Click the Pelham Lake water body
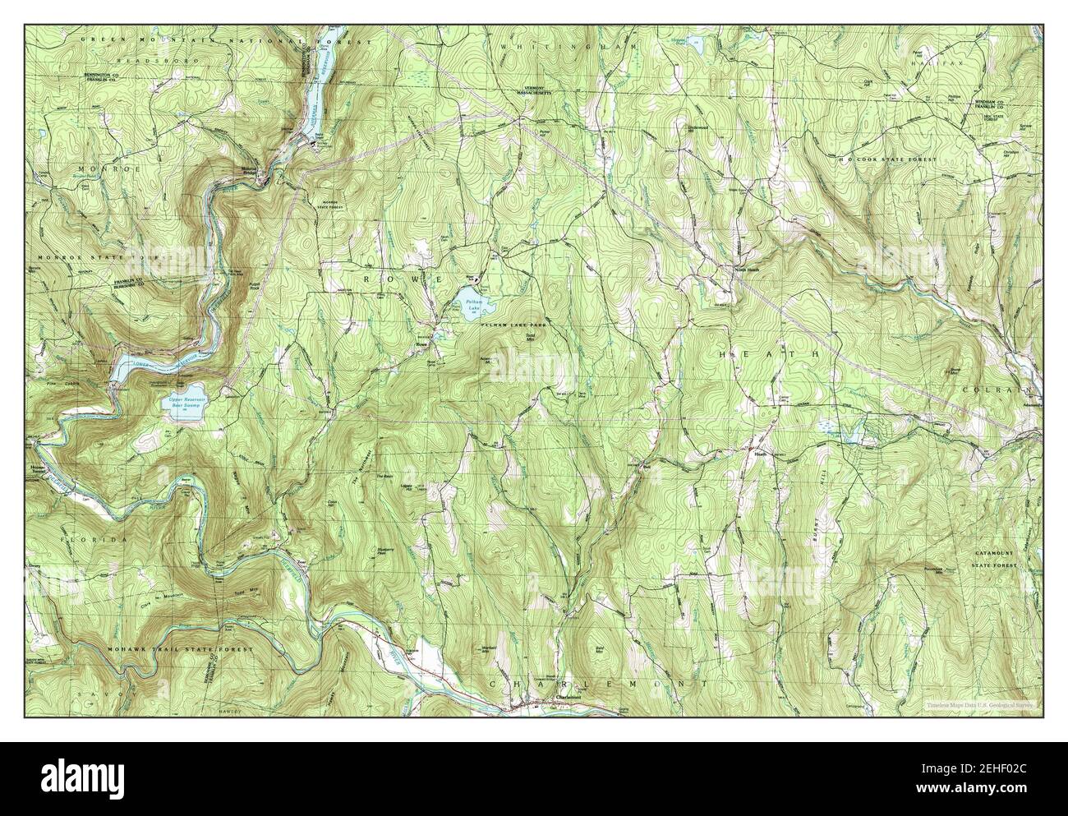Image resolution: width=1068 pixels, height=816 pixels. coord(473,302)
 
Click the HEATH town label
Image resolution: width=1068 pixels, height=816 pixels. coord(769,353)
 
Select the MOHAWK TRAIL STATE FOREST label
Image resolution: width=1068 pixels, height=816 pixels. coord(180,649)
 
